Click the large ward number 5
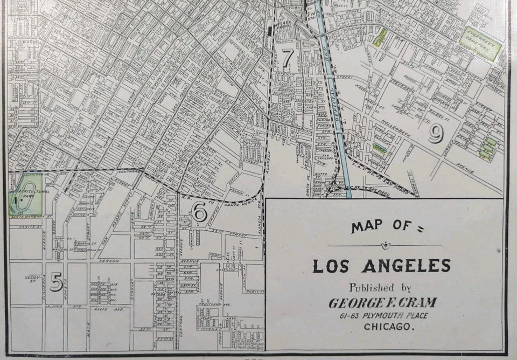click(56, 282)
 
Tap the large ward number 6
click(200, 213)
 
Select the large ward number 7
click(288, 56)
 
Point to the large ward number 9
click(436, 134)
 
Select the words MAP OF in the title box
click(383, 226)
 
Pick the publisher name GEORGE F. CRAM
click(382, 303)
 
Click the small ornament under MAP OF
click(384, 246)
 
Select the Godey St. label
click(32, 279)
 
